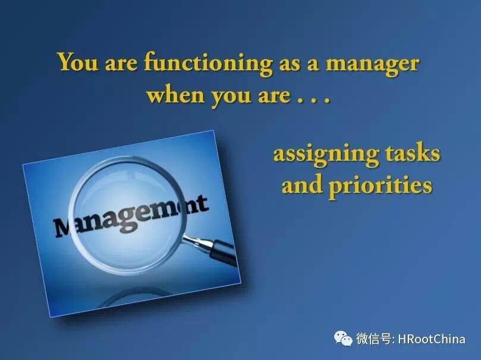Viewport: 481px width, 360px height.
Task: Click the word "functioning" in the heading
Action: click(x=208, y=64)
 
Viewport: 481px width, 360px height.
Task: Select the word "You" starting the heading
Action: click(x=78, y=62)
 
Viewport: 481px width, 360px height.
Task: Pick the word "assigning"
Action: click(x=325, y=154)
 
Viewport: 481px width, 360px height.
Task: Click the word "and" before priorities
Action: click(x=302, y=184)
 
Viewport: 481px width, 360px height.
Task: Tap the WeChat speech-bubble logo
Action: click(x=343, y=338)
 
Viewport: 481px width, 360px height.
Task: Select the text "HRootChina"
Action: click(x=432, y=339)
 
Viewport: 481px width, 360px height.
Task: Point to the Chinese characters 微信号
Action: click(x=373, y=339)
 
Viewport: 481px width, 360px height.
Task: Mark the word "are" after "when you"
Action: click(x=273, y=95)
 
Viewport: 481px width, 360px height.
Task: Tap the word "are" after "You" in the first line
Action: click(x=121, y=64)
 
